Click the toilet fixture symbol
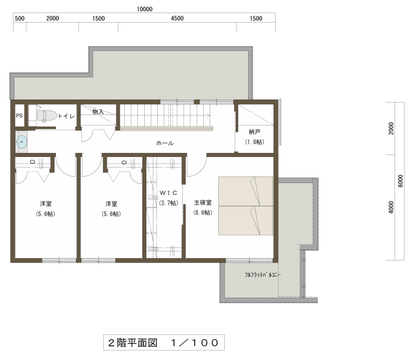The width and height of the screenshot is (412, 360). (47, 116)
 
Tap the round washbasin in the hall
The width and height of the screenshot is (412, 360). (22, 142)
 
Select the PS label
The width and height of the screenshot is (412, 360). (19, 116)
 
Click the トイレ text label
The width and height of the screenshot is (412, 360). (66, 116)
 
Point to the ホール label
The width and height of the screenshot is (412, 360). (165, 143)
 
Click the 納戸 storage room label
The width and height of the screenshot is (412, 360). (254, 131)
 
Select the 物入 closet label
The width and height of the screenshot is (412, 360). (98, 112)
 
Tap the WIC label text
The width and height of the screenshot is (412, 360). (168, 193)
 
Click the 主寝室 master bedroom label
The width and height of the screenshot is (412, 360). (203, 202)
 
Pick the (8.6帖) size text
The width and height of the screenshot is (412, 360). (203, 212)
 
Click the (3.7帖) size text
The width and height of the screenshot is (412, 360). (168, 203)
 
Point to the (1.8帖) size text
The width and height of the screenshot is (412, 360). (254, 142)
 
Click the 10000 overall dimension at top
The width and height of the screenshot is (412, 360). (144, 9)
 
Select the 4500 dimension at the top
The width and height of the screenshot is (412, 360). (177, 18)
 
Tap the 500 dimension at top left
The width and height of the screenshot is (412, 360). (19, 18)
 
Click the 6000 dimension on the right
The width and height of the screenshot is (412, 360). (401, 181)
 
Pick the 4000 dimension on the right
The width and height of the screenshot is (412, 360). (391, 207)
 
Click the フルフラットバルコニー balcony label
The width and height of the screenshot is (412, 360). (263, 274)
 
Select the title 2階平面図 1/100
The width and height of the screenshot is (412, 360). (163, 342)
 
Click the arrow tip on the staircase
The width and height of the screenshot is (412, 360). (210, 115)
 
